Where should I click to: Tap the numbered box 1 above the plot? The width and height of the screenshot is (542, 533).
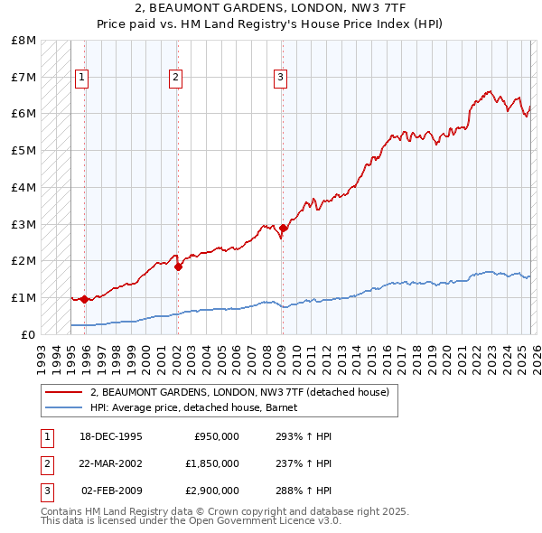81,79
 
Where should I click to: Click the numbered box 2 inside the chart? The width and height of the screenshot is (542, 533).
174,79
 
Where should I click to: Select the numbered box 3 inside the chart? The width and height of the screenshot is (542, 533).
280,79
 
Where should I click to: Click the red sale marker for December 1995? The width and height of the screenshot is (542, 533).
85,299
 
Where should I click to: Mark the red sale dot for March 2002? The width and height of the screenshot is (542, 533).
178,266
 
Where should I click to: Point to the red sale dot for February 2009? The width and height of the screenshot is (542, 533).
283,228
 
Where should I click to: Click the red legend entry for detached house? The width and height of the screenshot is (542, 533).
239,392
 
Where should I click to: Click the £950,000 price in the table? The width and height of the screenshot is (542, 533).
217,436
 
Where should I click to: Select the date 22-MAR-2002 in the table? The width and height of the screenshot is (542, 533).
111,463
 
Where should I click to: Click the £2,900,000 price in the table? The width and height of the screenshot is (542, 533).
212,491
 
